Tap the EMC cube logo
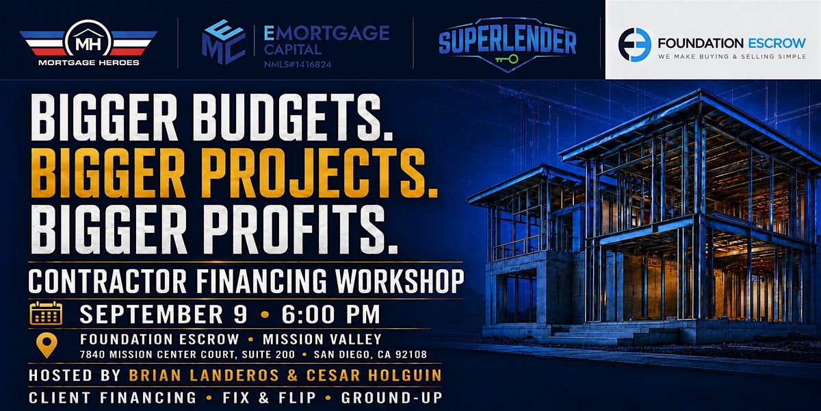(x=223, y=42)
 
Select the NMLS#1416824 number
(x=298, y=64)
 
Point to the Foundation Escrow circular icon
(x=634, y=45)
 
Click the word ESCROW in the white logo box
(x=777, y=43)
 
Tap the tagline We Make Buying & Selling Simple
(x=731, y=56)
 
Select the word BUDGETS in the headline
(x=293, y=117)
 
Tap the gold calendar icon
(x=46, y=313)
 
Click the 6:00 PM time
(x=330, y=314)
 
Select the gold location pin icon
(x=47, y=345)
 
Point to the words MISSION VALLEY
(x=322, y=340)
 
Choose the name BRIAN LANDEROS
(x=204, y=375)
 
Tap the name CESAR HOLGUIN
(x=374, y=375)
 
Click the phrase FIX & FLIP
(x=269, y=398)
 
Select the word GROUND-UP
(x=391, y=398)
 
